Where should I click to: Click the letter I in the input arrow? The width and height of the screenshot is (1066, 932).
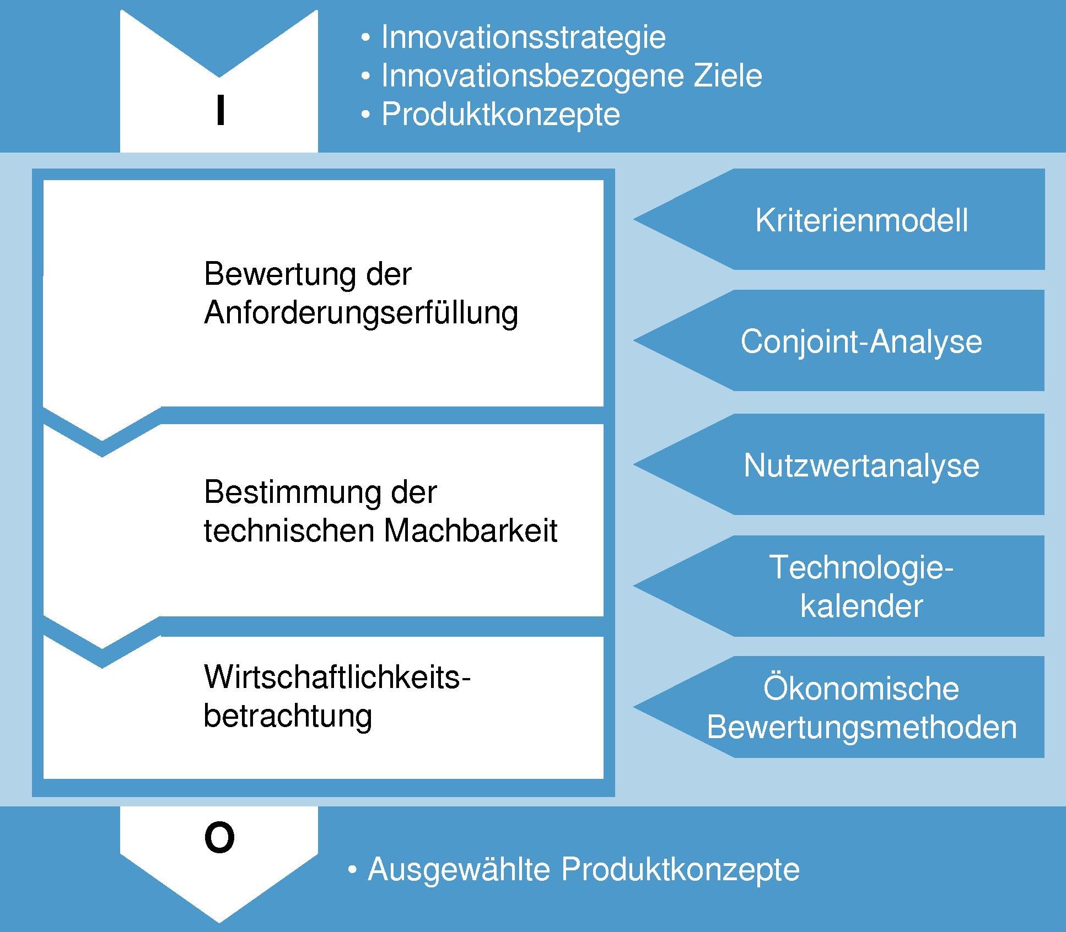point(220,110)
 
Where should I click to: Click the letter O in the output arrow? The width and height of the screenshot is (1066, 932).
point(219,837)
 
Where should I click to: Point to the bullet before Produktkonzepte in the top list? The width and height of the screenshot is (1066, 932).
point(366,115)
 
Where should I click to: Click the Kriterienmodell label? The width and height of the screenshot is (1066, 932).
point(862,220)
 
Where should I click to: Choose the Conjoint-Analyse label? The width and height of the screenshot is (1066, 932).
point(862,342)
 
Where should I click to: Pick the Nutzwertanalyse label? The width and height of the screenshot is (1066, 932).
point(862,466)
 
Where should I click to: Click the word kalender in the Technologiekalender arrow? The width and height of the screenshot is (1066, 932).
point(862,606)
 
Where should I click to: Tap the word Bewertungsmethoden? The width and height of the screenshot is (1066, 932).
point(862,727)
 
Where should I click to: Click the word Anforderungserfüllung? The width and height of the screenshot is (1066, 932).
point(361,313)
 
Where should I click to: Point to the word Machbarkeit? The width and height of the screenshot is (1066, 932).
point(471,530)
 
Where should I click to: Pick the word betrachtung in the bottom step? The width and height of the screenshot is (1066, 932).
point(288,716)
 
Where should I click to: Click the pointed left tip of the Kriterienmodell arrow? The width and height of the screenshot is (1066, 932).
point(634,219)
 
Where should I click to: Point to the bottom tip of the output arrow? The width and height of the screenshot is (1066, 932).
point(219,922)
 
